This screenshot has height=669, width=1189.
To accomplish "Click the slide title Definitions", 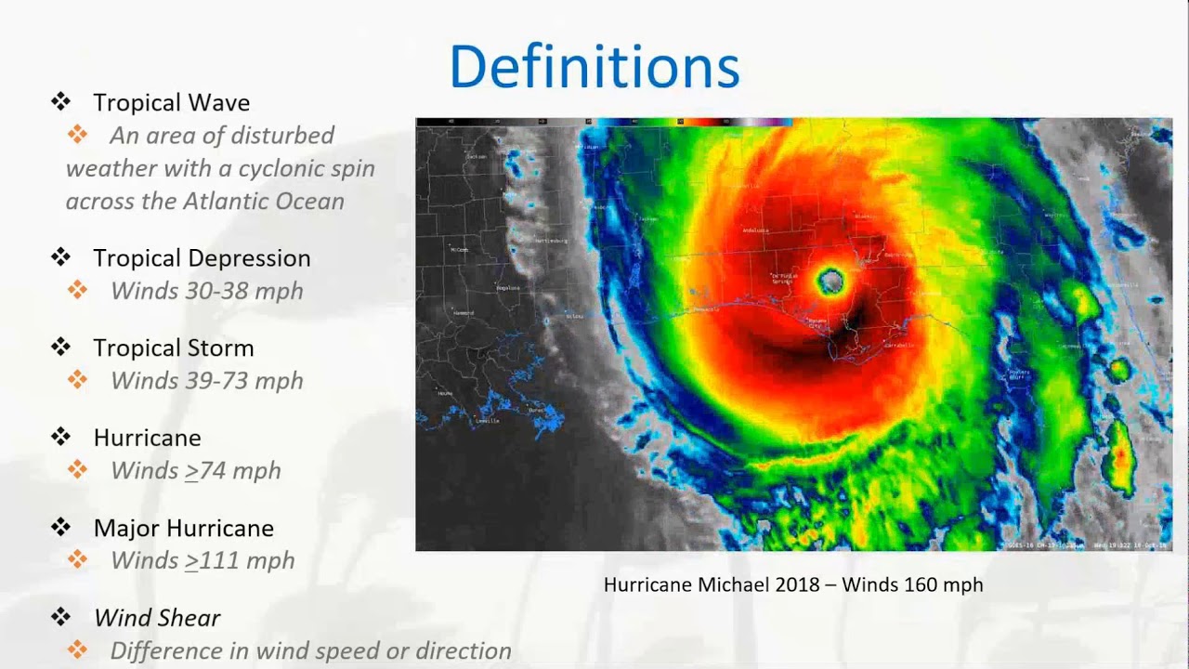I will coord(594,66).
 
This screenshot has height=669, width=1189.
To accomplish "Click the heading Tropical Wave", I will coord(171,102).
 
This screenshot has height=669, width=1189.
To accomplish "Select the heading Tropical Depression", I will coord(202,257).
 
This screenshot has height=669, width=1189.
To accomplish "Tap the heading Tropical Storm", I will coord(173,348).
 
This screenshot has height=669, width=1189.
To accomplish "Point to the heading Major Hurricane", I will coord(183,528).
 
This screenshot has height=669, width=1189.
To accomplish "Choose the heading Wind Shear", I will coord(157,618).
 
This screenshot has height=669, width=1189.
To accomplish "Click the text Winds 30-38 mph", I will coord(206,291).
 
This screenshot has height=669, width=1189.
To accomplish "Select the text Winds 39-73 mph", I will coord(206,381).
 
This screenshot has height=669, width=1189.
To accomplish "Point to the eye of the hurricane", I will coord(830,281).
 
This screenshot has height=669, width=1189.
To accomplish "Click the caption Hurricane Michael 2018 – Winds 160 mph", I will coord(792,584).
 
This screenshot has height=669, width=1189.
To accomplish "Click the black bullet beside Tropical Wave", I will coord(61,101).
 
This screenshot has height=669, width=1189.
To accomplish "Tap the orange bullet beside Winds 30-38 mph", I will coord(77,290).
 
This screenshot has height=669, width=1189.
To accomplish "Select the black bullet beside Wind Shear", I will coord(61,617).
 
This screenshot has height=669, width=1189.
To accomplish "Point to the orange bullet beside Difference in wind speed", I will coord(77,650).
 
